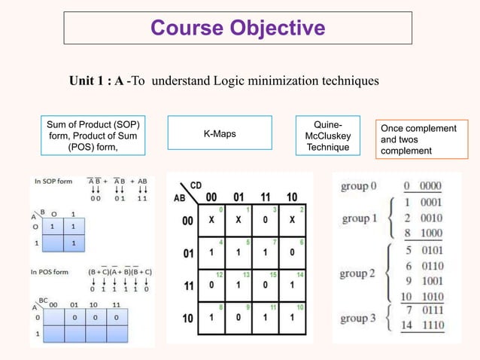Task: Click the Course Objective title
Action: [237, 28]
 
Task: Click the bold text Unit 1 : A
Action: [96, 81]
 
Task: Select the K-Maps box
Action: [219, 134]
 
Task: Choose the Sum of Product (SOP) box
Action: [93, 135]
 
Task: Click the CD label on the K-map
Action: [195, 185]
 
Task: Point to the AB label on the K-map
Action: [179, 200]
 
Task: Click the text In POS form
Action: [52, 270]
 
